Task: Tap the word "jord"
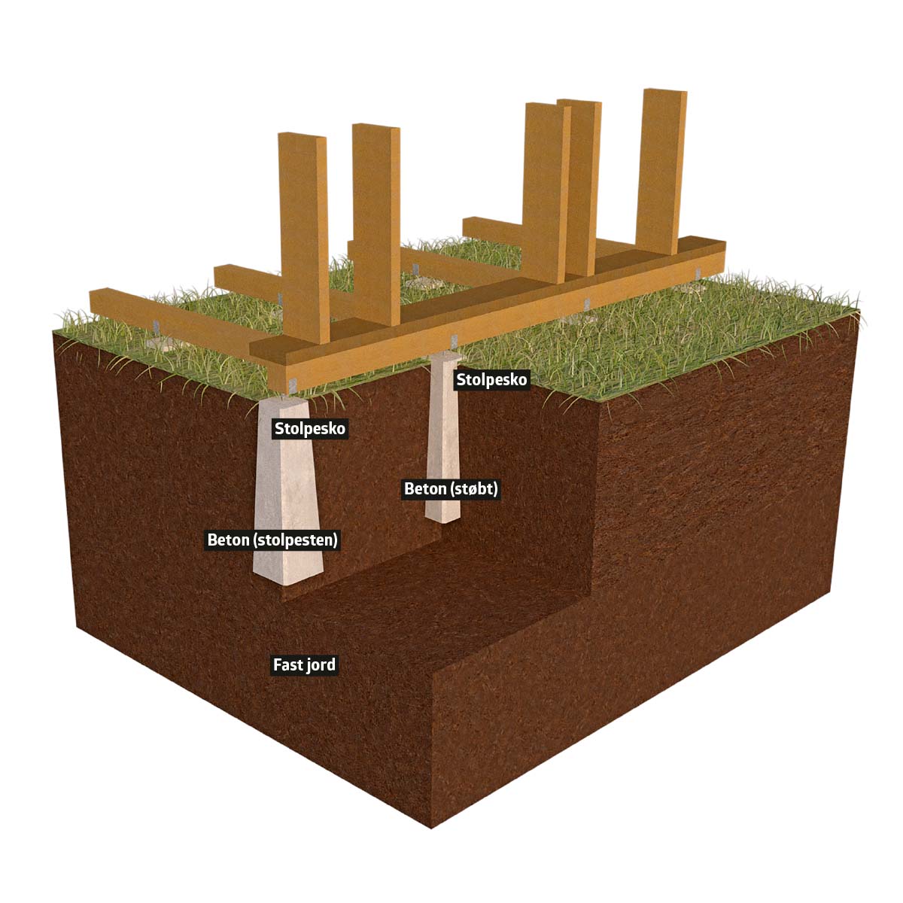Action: [321, 665]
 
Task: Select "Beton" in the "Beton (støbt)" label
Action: [425, 489]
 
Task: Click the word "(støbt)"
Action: [473, 489]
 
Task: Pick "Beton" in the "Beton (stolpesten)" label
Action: [228, 540]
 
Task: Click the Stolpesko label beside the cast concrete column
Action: [492, 379]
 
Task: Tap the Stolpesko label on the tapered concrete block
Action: [310, 429]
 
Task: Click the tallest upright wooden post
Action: [661, 166]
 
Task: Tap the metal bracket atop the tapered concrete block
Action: [293, 385]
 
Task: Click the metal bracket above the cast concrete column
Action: [454, 342]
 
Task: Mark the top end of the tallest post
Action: [664, 94]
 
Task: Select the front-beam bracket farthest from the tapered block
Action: [698, 273]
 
